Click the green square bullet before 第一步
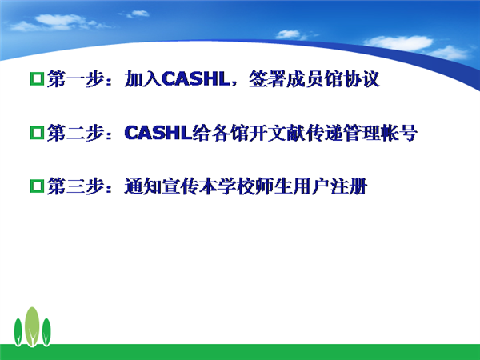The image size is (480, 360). tap(37, 78)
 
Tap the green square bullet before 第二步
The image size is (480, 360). tap(37, 133)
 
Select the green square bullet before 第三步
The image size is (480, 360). tap(37, 186)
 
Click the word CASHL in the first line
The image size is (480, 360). tap(195, 78)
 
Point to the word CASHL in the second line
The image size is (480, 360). tap(158, 133)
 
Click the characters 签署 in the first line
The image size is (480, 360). tap(267, 79)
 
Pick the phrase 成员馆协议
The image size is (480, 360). tap(333, 79)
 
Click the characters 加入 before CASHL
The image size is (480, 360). tap(142, 79)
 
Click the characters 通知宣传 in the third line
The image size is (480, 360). tap(162, 186)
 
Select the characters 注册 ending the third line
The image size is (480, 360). tap(349, 186)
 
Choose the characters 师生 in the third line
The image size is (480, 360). tap(274, 186)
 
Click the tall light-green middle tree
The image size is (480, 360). tap(32, 326)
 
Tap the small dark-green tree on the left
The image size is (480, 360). tap(18, 332)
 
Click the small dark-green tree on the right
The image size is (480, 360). tap(46, 332)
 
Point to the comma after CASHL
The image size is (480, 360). tap(234, 84)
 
